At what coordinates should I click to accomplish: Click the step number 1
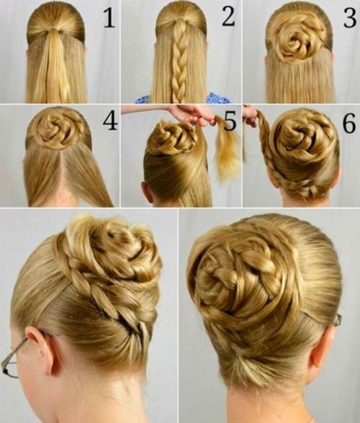[x=109, y=18]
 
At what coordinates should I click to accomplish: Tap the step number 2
[x=228, y=16]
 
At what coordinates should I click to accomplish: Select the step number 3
[x=350, y=17]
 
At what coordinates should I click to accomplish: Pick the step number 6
[x=348, y=123]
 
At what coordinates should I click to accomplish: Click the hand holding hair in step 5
[x=194, y=114]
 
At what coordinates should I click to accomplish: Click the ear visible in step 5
[x=148, y=192]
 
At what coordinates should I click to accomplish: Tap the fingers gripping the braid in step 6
[x=251, y=116]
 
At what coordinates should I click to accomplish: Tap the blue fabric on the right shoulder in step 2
[x=217, y=98]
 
